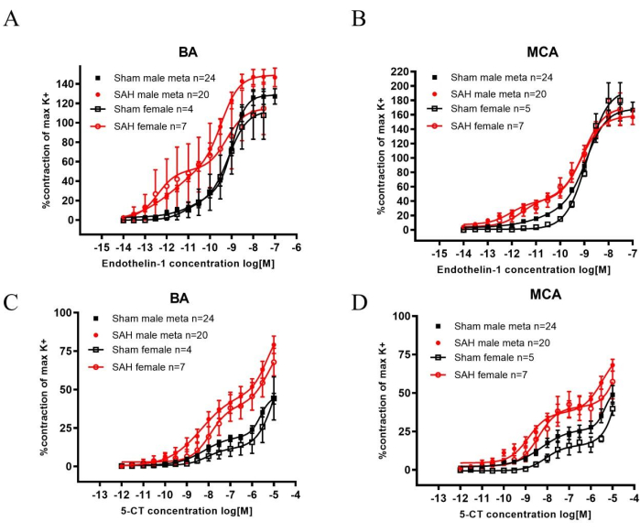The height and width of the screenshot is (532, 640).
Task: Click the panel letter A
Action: click(12, 17)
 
